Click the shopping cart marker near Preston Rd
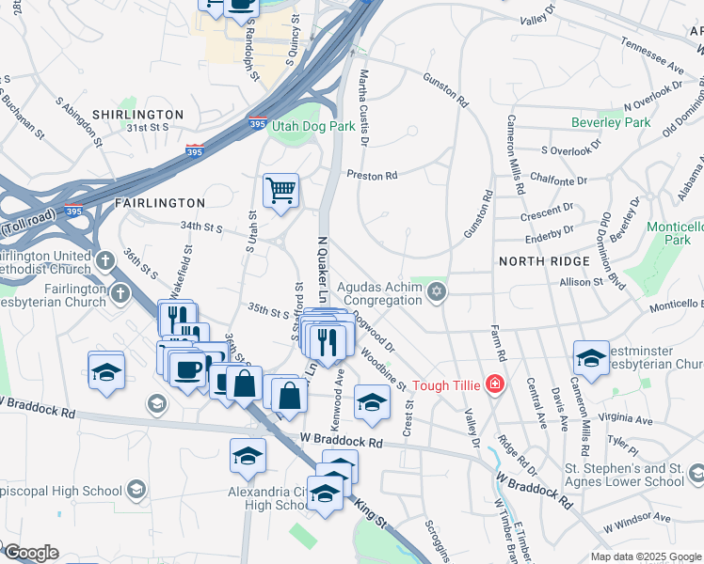click(x=280, y=191)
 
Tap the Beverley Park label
click(x=611, y=122)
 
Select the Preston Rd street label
click(x=372, y=175)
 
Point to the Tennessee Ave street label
click(x=651, y=55)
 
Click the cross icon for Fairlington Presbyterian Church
click(x=120, y=293)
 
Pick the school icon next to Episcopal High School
click(x=136, y=490)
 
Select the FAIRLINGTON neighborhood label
click(x=159, y=202)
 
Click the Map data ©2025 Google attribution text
click(x=645, y=556)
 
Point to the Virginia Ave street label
click(x=630, y=419)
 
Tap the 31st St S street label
click(x=148, y=127)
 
